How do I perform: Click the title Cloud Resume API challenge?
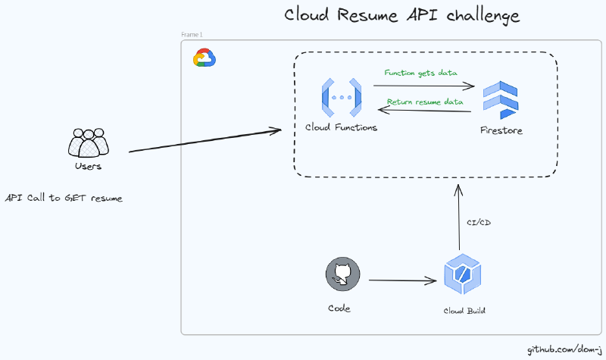(x=402, y=16)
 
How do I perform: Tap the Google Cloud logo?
(x=205, y=58)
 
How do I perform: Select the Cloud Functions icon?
(x=341, y=97)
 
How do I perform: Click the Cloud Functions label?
(x=341, y=127)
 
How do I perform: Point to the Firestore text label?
(x=501, y=131)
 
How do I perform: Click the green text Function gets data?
(x=421, y=74)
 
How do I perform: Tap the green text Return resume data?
(x=424, y=102)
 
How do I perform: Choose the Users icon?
(x=89, y=142)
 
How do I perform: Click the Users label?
(x=89, y=167)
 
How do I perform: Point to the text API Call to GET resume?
(x=64, y=198)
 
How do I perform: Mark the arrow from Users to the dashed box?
(x=205, y=141)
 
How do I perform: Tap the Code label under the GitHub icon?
(x=339, y=308)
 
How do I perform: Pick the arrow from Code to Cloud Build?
(x=403, y=281)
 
